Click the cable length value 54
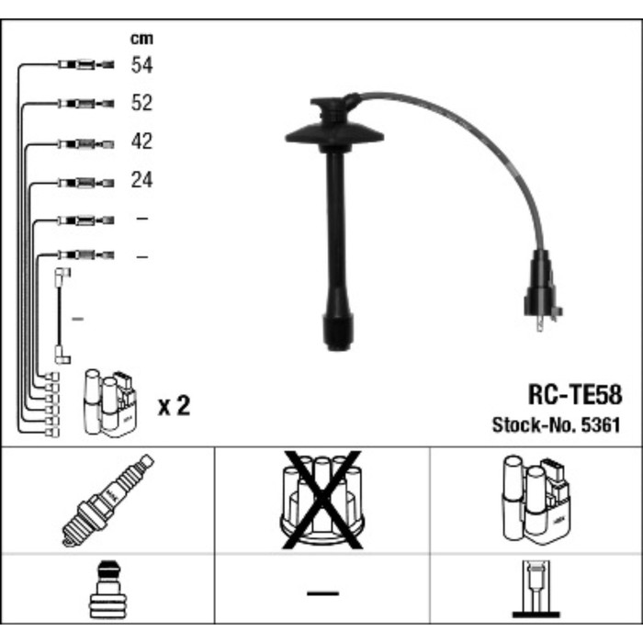pyautogui.click(x=141, y=65)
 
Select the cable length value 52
pyautogui.click(x=141, y=103)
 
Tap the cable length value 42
pyautogui.click(x=141, y=142)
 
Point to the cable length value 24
pyautogui.click(x=141, y=180)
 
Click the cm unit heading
pyautogui.click(x=141, y=39)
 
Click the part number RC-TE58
pyautogui.click(x=574, y=395)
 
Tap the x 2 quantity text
pyautogui.click(x=174, y=405)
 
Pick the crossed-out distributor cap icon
pyautogui.click(x=321, y=501)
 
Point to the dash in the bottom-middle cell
pyautogui.click(x=321, y=593)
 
